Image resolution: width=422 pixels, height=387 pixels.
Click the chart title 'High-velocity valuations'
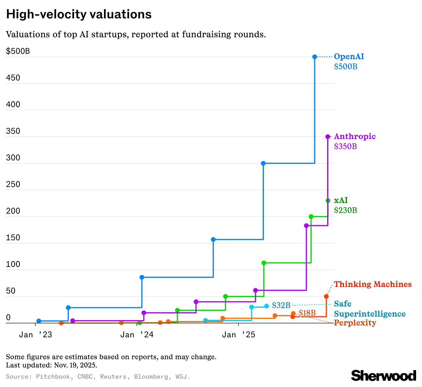tap(79, 14)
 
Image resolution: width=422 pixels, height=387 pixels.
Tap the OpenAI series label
tap(349, 57)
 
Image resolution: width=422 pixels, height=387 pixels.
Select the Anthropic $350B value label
tap(345, 146)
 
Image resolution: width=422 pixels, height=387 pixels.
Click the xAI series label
tap(341, 200)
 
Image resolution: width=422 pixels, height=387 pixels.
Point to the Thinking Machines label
tap(373, 284)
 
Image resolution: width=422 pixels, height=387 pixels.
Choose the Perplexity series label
tap(355, 323)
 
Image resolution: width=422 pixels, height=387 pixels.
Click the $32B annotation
tap(281, 305)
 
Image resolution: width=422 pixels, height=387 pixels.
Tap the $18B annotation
tap(307, 313)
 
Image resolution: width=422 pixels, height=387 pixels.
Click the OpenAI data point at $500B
tap(315, 57)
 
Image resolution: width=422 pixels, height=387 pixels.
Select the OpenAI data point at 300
tap(263, 163)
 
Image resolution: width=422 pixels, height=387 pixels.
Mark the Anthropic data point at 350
tap(328, 137)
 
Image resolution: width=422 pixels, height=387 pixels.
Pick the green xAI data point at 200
tap(311, 217)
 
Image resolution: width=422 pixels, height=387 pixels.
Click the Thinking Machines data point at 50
tap(326, 296)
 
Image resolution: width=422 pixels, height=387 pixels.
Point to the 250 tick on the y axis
tap(13, 184)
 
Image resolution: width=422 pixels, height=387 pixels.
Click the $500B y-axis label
tap(18, 51)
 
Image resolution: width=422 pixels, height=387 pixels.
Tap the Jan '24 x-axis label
tap(137, 335)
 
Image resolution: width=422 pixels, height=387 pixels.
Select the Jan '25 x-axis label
tap(238, 335)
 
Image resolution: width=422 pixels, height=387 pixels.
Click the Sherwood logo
tap(383, 376)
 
